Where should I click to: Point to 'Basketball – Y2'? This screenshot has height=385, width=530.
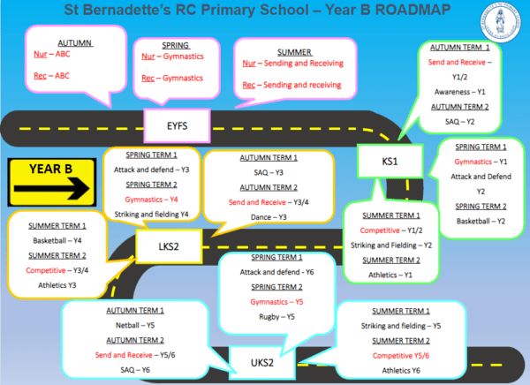point(480,220)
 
